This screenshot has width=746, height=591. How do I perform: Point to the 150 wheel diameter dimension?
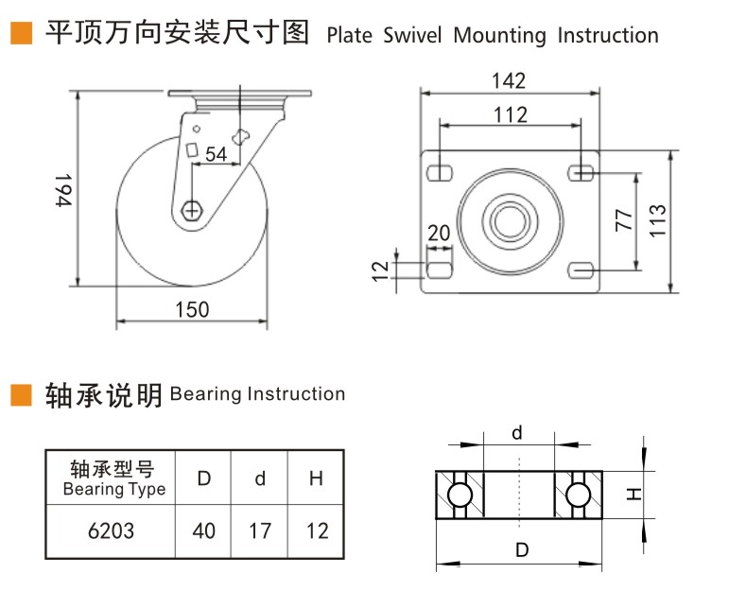(x=192, y=309)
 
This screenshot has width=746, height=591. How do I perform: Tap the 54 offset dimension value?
(x=216, y=155)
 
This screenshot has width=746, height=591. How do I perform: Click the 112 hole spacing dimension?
(x=510, y=114)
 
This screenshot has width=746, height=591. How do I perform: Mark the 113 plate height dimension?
(x=659, y=220)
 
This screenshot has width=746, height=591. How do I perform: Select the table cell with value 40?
(x=204, y=530)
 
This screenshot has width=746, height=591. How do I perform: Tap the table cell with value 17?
(x=260, y=530)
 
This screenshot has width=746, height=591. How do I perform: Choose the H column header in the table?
(x=316, y=478)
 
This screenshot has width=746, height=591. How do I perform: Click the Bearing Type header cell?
(x=113, y=478)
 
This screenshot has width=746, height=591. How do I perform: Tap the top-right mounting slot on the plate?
(x=582, y=172)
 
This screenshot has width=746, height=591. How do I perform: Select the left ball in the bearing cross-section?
(x=460, y=495)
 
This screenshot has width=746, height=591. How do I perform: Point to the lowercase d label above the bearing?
(x=517, y=434)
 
